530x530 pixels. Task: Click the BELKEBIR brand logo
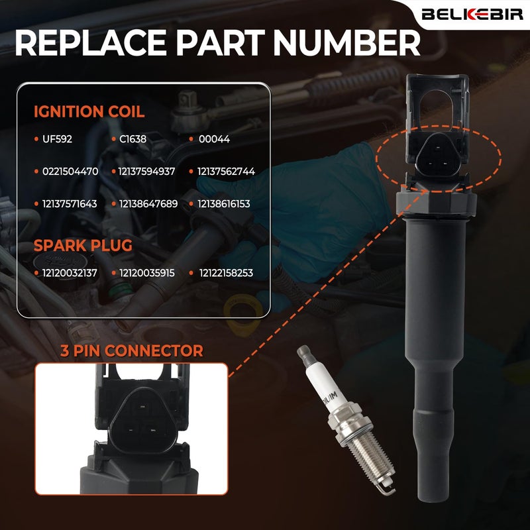pos(472,14)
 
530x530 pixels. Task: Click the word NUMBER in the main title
pos(346,43)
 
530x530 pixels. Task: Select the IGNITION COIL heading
pos(89,111)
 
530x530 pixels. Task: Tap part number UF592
pos(57,139)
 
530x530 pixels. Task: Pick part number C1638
pos(133,139)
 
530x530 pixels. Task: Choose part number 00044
pos(214,139)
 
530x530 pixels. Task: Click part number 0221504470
pos(70,172)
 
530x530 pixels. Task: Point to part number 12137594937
pos(146,172)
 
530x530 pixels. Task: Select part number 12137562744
pos(226,172)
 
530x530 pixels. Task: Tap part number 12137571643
pos(70,204)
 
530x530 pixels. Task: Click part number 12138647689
pos(148,204)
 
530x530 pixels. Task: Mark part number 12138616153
pos(224,204)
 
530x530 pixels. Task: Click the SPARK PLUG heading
pos(83,245)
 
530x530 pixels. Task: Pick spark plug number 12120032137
pos(70,273)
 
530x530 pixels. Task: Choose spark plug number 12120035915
pos(147,273)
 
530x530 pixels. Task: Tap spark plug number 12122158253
pos(226,273)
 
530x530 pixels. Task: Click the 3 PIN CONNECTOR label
pos(132,350)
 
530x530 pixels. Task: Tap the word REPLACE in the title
pos(90,43)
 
